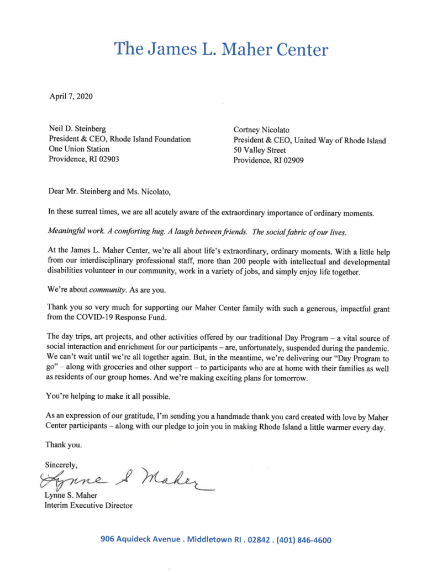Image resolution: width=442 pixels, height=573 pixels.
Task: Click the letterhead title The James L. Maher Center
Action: click(221, 49)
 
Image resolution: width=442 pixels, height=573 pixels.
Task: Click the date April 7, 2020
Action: click(71, 97)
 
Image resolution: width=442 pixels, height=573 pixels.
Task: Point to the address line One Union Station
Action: click(80, 149)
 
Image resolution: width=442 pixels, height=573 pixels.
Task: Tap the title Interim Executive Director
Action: click(88, 505)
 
